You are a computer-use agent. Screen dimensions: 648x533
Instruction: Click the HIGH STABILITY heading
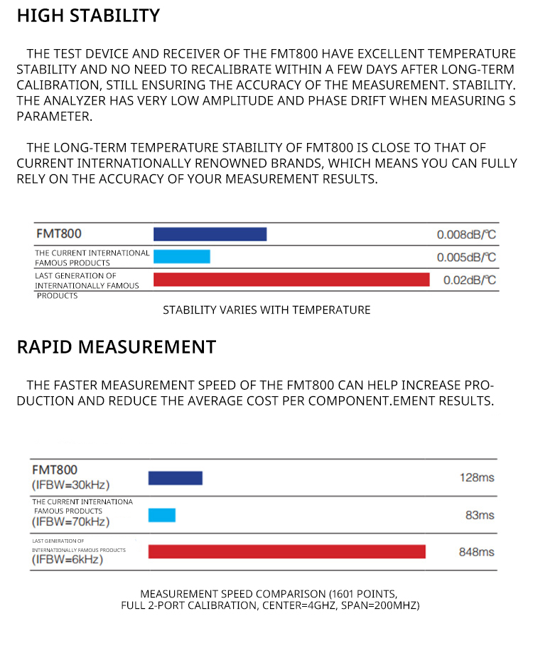point(88,16)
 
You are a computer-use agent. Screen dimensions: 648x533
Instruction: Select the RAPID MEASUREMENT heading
point(116,347)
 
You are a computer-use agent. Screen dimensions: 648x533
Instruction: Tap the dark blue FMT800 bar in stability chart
point(210,234)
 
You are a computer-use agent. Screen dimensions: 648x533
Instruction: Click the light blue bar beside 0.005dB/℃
point(181,257)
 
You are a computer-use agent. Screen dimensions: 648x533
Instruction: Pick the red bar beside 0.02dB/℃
point(291,280)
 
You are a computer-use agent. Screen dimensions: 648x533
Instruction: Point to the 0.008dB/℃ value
point(466,235)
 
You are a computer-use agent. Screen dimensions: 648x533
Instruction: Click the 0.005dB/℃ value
point(466,257)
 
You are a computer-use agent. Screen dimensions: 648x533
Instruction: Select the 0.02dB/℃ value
point(470,280)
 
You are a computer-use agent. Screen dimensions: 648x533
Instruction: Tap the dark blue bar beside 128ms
point(175,478)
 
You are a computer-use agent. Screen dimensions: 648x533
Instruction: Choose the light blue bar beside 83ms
point(161,515)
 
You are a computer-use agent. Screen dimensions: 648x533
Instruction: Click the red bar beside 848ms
point(286,551)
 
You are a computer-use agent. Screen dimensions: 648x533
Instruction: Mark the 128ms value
point(477,478)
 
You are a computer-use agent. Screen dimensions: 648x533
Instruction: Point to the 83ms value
point(480,515)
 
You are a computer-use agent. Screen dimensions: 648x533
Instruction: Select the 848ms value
point(477,552)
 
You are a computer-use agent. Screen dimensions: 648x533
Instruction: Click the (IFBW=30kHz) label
point(70,485)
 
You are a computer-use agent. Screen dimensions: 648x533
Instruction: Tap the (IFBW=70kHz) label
point(70,522)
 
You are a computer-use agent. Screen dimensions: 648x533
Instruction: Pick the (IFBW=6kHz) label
point(68,560)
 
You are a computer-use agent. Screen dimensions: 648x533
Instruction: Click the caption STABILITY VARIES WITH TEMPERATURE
point(266,310)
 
